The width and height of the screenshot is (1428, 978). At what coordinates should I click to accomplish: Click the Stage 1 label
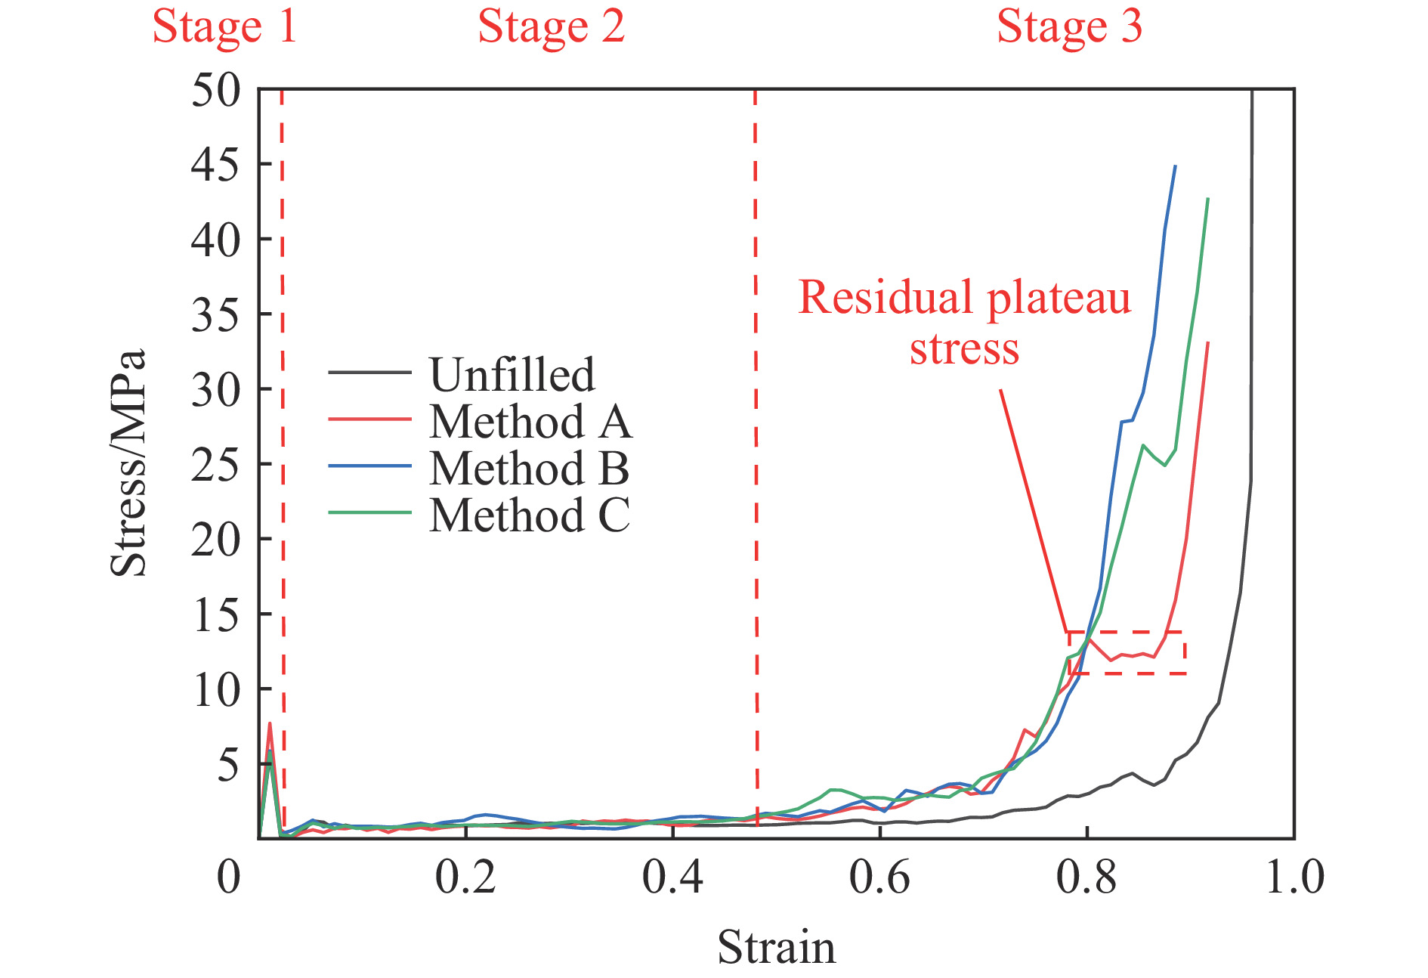tap(224, 27)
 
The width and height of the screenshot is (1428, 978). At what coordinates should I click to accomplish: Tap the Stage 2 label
tap(552, 27)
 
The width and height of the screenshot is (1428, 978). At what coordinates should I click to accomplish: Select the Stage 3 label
tap(1069, 27)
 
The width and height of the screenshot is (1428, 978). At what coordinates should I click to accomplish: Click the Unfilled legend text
tap(512, 375)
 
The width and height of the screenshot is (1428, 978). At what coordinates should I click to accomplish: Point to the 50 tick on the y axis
tap(216, 91)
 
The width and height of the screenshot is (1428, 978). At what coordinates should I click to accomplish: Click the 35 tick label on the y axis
tap(216, 315)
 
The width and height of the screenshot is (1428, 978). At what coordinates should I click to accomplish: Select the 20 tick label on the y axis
tap(216, 540)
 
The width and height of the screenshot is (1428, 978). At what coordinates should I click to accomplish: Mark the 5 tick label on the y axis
tap(228, 765)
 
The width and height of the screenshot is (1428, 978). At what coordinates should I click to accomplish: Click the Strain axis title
tap(777, 948)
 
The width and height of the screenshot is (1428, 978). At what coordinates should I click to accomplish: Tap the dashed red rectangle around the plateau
tap(1127, 633)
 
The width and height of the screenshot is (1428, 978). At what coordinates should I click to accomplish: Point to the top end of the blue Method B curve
tap(1175, 166)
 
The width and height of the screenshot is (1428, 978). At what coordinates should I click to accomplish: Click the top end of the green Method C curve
tap(1208, 199)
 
